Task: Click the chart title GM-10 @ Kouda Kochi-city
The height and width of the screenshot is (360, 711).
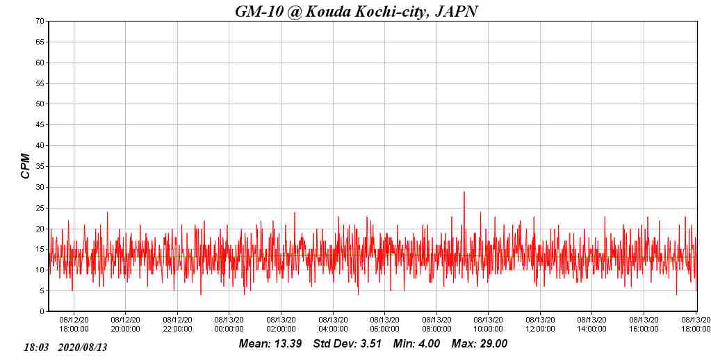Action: tap(356, 10)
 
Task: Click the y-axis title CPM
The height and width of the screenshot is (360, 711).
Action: tap(26, 166)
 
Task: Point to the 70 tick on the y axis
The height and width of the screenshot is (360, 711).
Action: tap(40, 22)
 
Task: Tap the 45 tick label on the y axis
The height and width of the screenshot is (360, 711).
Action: tap(40, 125)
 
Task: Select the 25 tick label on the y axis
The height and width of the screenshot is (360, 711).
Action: tap(40, 208)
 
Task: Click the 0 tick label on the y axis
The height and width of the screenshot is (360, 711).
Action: tap(42, 311)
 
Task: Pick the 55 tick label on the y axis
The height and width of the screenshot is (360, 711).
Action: tap(40, 83)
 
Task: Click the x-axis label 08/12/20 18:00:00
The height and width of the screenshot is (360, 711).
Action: tap(74, 324)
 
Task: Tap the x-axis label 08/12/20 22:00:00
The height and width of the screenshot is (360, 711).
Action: tap(177, 324)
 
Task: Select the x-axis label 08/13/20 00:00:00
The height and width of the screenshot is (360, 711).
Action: tap(229, 324)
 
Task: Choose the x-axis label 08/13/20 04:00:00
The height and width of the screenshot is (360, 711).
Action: tap(333, 324)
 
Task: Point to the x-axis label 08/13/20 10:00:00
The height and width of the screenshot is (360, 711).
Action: tap(488, 324)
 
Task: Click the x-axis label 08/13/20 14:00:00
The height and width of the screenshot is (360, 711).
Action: tap(591, 324)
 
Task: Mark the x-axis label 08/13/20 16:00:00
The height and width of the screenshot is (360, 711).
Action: tap(644, 324)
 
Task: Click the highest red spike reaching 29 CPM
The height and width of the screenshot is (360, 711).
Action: tap(464, 193)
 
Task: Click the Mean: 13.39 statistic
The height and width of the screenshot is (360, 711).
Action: tap(270, 343)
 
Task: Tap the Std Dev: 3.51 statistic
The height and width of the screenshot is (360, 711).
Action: tap(348, 343)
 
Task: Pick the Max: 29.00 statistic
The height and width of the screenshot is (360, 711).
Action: tap(480, 343)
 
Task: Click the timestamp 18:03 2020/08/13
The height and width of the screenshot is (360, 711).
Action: tap(65, 347)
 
